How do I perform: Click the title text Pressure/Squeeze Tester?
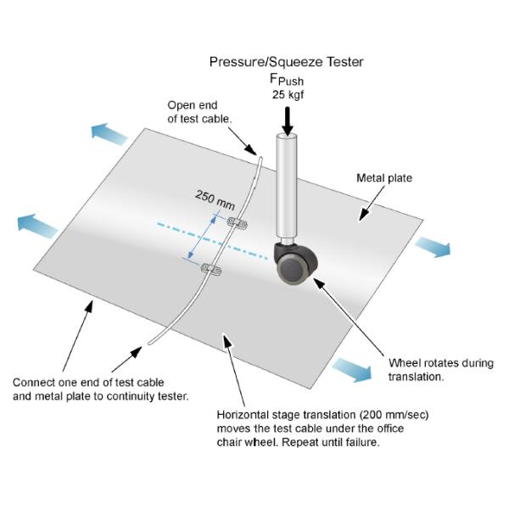[x=287, y=62]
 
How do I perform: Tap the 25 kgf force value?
[x=288, y=95]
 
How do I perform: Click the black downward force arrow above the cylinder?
[x=288, y=121]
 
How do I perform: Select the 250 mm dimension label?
[x=215, y=199]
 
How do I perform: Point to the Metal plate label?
[x=384, y=178]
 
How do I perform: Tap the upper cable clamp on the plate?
[x=237, y=223]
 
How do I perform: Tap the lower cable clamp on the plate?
[x=211, y=269]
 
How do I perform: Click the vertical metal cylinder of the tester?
[x=287, y=187]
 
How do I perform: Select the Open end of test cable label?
[x=199, y=112]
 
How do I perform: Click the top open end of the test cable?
[x=260, y=158]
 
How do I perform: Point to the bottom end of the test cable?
[x=149, y=343]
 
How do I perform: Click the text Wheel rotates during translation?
[x=441, y=370]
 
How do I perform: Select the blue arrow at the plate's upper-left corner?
[x=109, y=134]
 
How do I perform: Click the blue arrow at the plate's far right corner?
[x=433, y=246]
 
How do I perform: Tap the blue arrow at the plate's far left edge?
[x=37, y=226]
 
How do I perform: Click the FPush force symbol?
[x=287, y=80]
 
